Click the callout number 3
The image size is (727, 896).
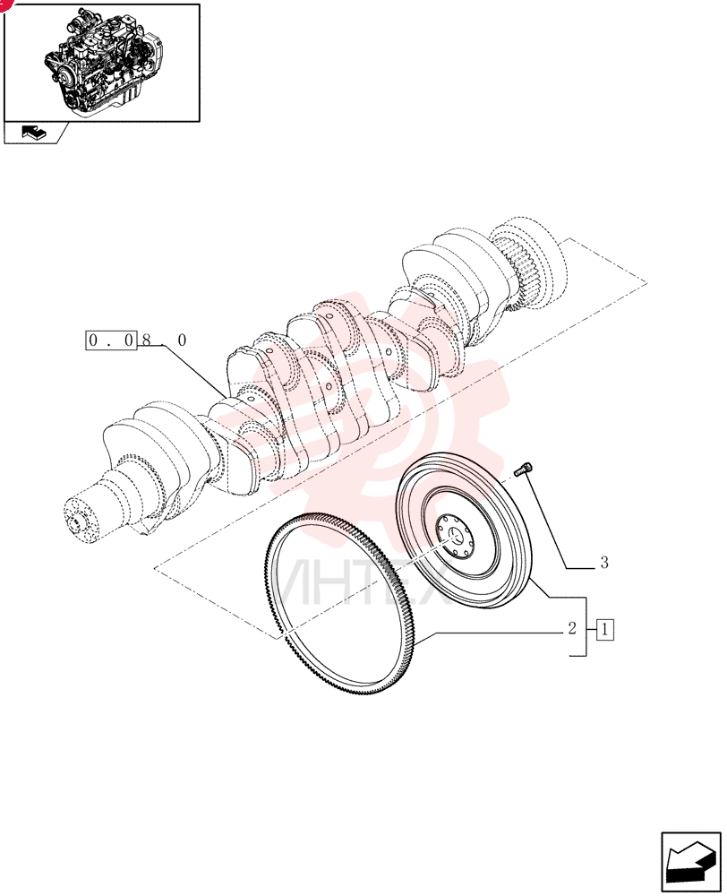tap(604, 563)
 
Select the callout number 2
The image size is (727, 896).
tap(572, 628)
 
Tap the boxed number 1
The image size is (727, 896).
tap(605, 630)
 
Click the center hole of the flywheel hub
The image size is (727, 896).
tap(454, 536)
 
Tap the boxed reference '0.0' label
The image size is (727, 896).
tap(111, 340)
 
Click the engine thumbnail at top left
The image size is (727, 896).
tap(102, 63)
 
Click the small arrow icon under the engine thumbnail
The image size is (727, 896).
tap(34, 133)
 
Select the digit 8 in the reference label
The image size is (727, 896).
tap(146, 340)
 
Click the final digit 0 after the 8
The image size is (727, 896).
tap(182, 340)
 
